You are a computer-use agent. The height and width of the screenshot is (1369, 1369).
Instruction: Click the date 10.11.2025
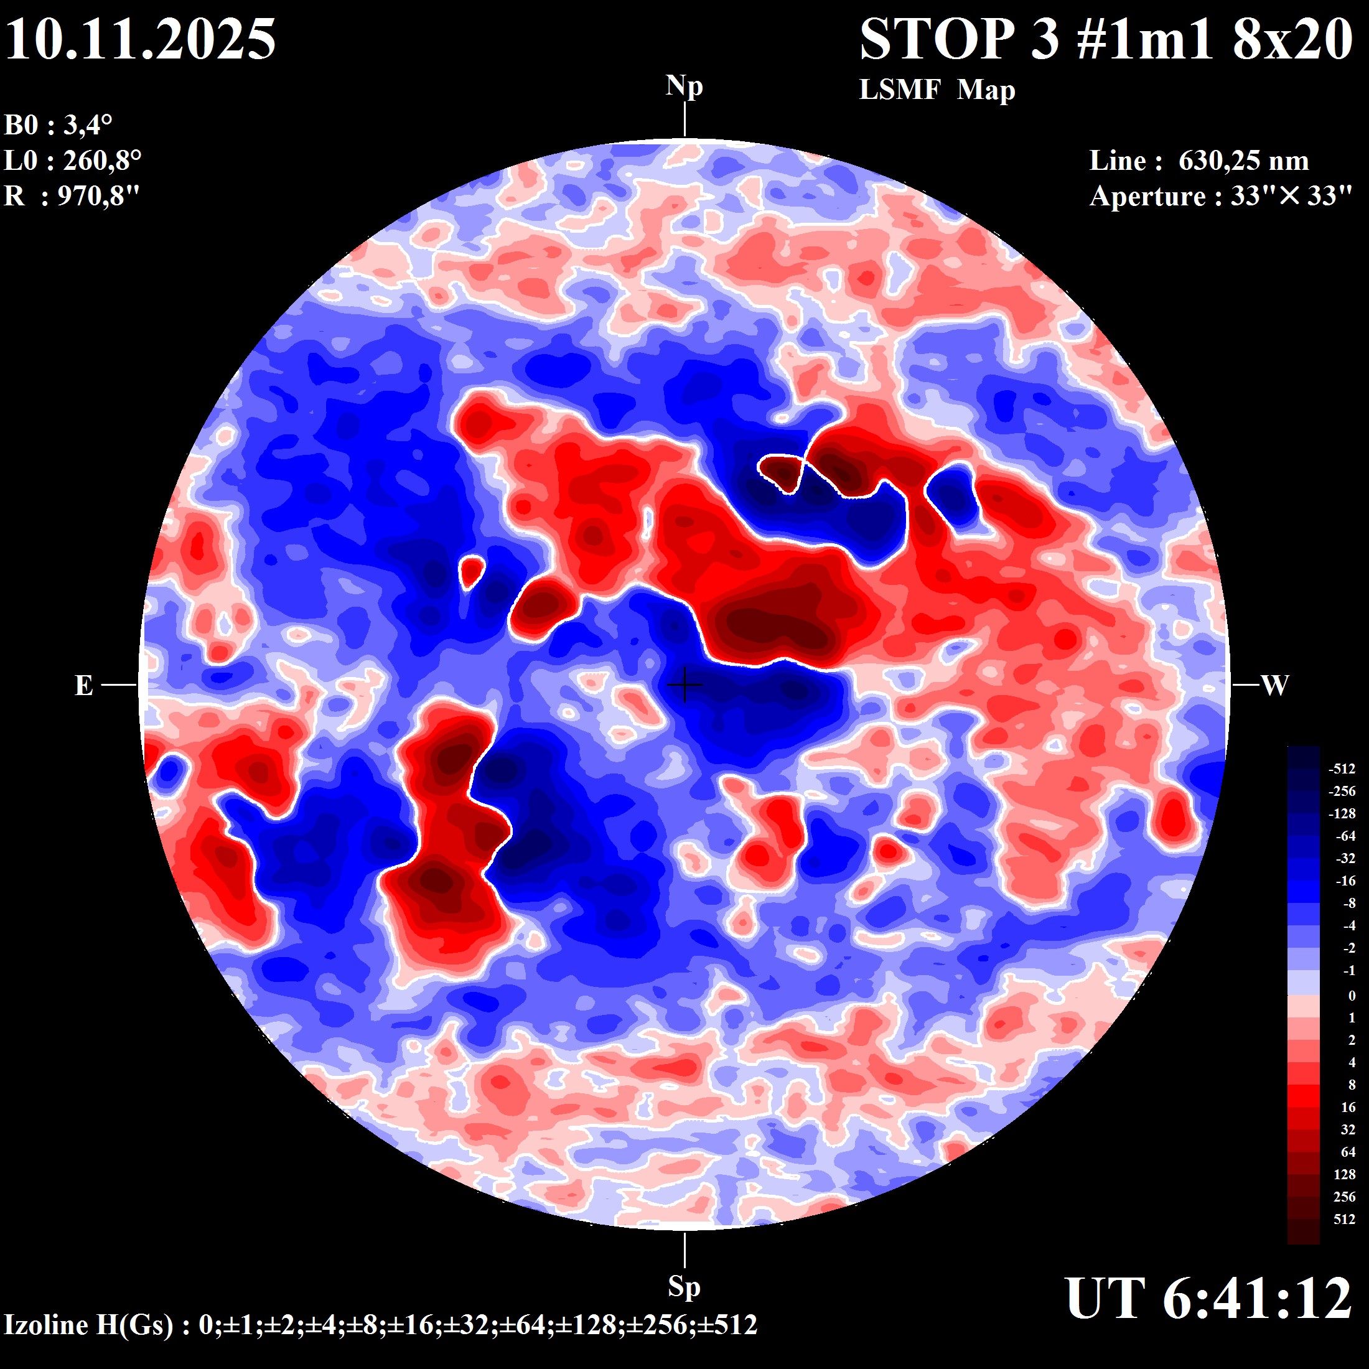(x=140, y=39)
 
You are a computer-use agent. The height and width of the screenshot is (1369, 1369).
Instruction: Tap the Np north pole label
(x=684, y=86)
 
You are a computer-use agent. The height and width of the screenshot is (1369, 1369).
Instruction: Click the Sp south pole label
(x=684, y=1286)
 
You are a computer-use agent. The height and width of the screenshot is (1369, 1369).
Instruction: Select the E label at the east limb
(x=83, y=685)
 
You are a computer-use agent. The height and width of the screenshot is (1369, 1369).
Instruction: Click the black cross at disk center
(x=684, y=684)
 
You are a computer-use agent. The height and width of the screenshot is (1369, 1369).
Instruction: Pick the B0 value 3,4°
(x=88, y=126)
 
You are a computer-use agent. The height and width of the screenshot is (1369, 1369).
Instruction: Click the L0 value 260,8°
(x=102, y=161)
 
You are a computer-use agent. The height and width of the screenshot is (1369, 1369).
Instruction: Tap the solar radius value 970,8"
(x=98, y=195)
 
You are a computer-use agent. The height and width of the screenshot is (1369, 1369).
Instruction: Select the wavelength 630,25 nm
(x=1243, y=161)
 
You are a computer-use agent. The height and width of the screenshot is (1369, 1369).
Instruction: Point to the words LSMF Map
(x=937, y=90)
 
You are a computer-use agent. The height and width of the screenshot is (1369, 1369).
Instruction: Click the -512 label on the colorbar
(x=1342, y=769)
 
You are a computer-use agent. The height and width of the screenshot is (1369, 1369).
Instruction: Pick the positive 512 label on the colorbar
(x=1344, y=1219)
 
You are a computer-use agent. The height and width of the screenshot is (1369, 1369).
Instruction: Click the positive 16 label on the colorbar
(x=1348, y=1107)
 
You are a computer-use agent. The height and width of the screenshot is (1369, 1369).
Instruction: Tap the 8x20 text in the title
(x=1293, y=39)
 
